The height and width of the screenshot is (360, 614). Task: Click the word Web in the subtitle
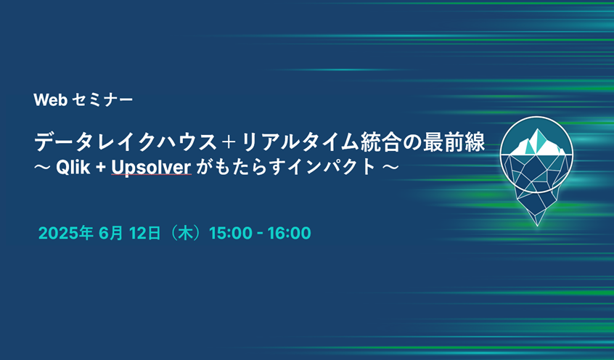point(51,100)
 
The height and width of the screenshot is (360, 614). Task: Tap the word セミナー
point(103,100)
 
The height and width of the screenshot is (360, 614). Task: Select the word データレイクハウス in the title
point(126,142)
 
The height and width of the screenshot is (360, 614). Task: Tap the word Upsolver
point(151,168)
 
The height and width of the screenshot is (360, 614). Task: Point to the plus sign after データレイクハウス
point(229,142)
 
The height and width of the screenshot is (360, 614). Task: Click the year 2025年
point(65,233)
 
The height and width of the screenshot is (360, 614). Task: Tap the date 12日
point(145,233)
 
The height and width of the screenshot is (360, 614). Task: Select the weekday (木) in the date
point(185,233)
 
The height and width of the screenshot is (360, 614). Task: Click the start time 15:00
point(231,233)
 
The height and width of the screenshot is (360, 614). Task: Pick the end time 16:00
point(289,233)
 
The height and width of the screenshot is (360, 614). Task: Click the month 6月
point(111,233)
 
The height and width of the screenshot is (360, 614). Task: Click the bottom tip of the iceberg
point(537,226)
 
